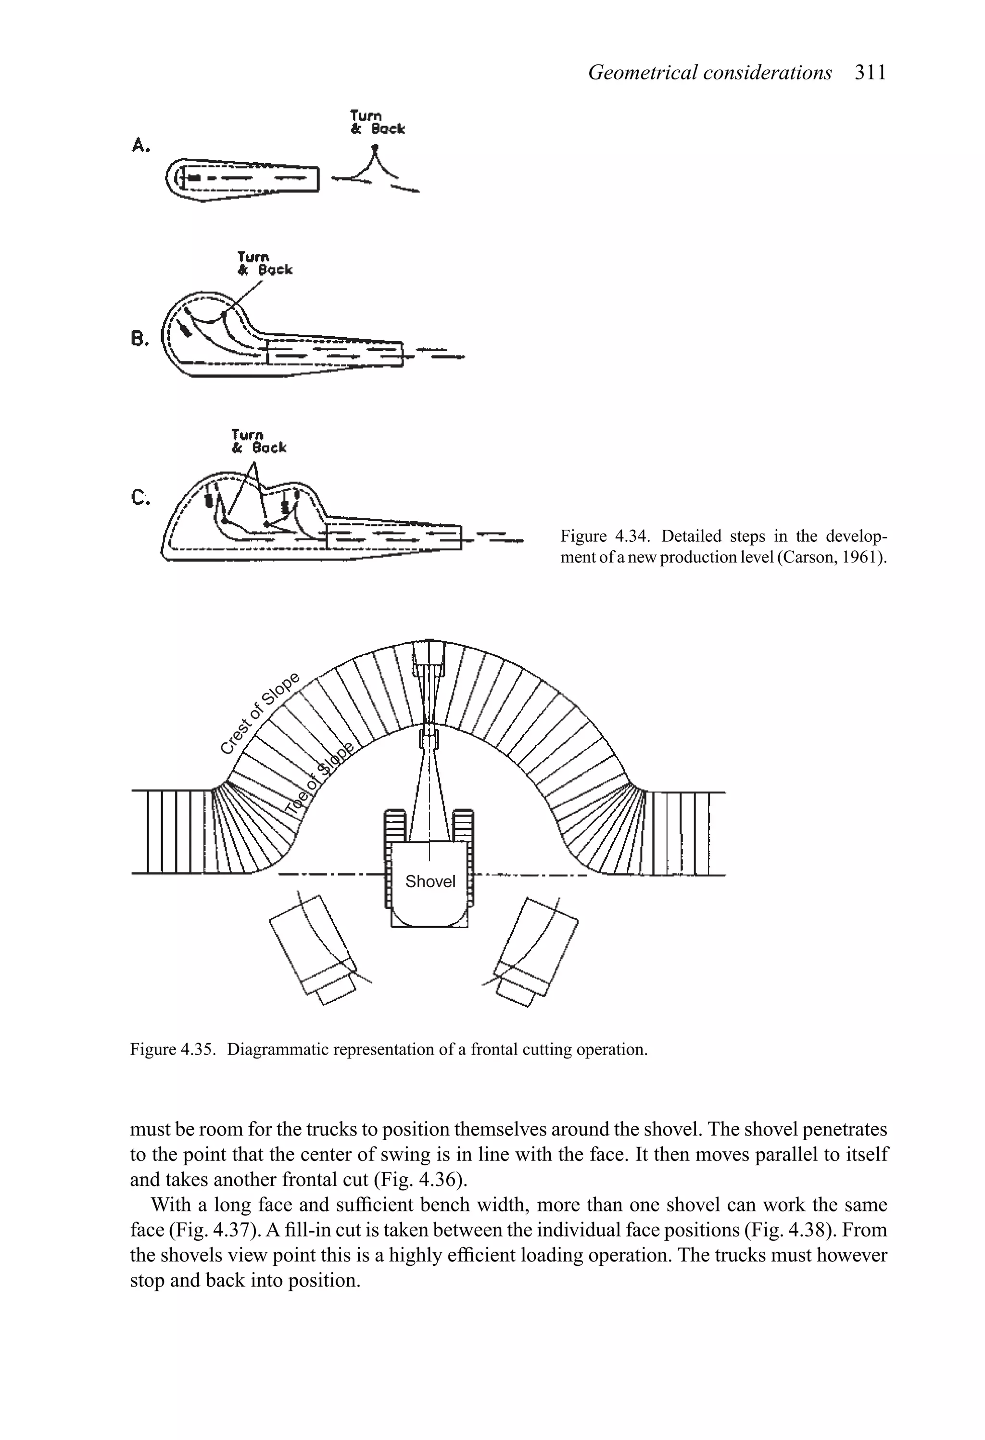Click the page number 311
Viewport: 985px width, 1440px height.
pos(871,73)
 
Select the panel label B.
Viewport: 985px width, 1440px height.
pos(140,338)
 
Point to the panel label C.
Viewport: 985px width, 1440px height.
pos(140,497)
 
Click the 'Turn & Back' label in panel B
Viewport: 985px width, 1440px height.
pos(265,263)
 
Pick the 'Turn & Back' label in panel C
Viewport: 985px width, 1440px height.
pos(258,441)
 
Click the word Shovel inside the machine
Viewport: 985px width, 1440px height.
pos(430,881)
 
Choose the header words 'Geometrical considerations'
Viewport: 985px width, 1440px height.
pos(709,73)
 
